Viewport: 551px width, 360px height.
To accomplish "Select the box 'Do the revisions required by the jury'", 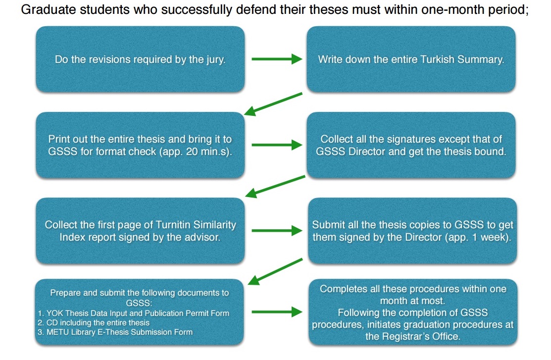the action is pyautogui.click(x=140, y=59).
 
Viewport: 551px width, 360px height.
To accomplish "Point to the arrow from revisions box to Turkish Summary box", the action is pyautogui.click(x=277, y=59).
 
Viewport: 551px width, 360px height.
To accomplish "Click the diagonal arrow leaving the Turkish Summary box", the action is pyautogui.click(x=273, y=104).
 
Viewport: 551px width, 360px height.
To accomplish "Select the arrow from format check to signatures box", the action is pyautogui.click(x=277, y=145).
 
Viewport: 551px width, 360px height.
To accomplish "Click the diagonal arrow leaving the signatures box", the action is pyautogui.click(x=275, y=186).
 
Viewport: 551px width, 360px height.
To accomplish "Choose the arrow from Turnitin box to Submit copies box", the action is pyautogui.click(x=277, y=231).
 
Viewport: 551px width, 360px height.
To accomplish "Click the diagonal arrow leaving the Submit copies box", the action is pyautogui.click(x=275, y=271).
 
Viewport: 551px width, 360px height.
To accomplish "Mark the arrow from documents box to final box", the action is pyautogui.click(x=277, y=312).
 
